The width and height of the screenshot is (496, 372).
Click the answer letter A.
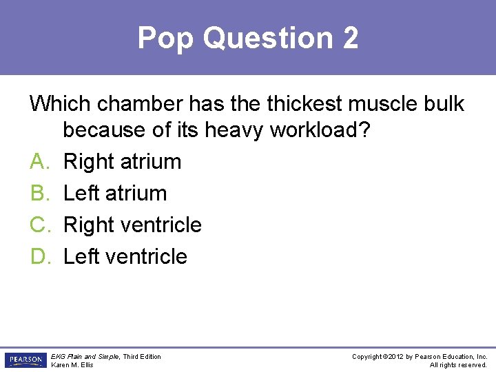pyautogui.click(x=38, y=162)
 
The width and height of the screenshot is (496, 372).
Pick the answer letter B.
pyautogui.click(x=38, y=194)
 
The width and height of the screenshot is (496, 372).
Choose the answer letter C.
pyautogui.click(x=38, y=225)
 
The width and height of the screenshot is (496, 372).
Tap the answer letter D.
pyautogui.click(x=38, y=257)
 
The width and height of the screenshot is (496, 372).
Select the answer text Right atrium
pyautogui.click(x=122, y=162)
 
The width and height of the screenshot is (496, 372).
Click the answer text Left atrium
pyautogui.click(x=115, y=194)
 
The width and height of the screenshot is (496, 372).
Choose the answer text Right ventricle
pyautogui.click(x=132, y=225)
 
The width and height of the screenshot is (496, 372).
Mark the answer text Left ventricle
pyautogui.click(x=125, y=257)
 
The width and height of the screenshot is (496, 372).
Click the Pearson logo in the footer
pyautogui.click(x=25, y=360)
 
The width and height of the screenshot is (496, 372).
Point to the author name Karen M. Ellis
pyautogui.click(x=72, y=365)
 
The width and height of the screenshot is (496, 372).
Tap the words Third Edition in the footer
pyautogui.click(x=143, y=356)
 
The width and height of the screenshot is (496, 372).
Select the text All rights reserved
pyautogui.click(x=458, y=365)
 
